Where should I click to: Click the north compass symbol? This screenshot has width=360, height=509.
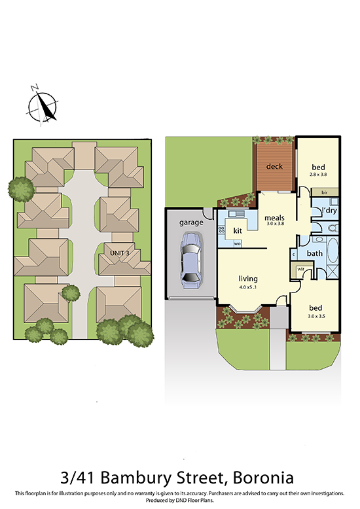point(43,106)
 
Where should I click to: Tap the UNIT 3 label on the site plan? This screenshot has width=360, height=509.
point(120,253)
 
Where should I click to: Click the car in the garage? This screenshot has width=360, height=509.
point(191,260)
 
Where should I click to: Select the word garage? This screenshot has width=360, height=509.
point(191,222)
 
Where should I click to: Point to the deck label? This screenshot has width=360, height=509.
point(274,166)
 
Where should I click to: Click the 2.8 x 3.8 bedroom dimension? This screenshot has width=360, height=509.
point(318,174)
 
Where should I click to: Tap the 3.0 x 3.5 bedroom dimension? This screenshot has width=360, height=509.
point(316,316)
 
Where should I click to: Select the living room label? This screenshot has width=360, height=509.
point(248,279)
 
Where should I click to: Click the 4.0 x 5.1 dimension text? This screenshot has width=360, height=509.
point(248,287)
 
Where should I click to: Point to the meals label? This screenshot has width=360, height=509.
point(274,217)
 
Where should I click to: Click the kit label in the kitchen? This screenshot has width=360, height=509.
point(238,230)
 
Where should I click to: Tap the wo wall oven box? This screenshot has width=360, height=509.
point(237,243)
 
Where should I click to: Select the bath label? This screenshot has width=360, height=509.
point(315,253)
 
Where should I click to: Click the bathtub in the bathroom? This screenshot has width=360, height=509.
point(333,251)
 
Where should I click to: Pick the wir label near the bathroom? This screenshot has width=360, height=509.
point(300,269)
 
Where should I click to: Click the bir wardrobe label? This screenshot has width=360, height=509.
point(324,192)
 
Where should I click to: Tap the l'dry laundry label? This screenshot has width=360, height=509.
point(329,211)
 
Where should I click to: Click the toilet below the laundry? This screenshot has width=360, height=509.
point(332,228)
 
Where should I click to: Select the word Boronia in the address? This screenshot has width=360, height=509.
point(264,478)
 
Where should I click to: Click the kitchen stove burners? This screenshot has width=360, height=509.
point(222,230)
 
